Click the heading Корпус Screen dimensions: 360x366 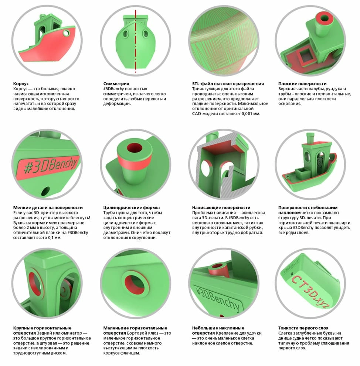[21, 84]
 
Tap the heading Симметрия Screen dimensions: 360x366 [116, 84]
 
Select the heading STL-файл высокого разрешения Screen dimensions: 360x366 [228, 84]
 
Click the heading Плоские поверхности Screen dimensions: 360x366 [302, 84]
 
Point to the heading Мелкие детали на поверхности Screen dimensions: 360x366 [48, 207]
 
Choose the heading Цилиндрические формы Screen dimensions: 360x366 [132, 207]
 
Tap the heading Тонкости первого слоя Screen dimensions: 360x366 [303, 328]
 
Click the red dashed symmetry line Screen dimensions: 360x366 [135, 41]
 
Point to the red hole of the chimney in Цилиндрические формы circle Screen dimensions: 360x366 [135, 148]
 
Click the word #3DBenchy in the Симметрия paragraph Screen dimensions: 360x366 [113, 89]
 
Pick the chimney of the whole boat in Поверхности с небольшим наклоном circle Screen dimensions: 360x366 [310, 138]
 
